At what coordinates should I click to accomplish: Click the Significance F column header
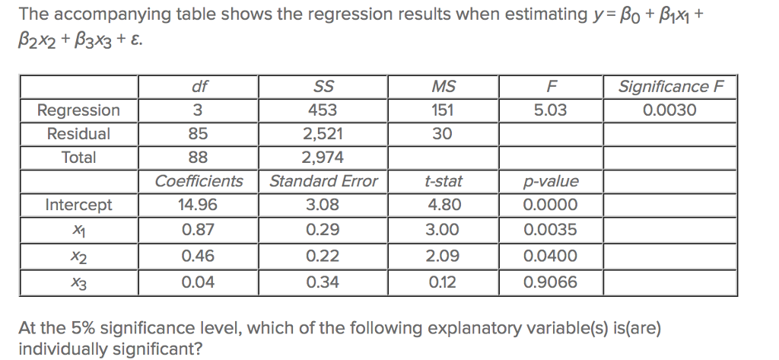click(x=669, y=86)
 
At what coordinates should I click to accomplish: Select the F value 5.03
click(x=550, y=110)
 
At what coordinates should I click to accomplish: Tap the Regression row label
click(x=78, y=110)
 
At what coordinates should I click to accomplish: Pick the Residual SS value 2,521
click(x=323, y=134)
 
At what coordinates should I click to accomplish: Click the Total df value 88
click(x=197, y=158)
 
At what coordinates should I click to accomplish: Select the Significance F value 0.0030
click(x=669, y=110)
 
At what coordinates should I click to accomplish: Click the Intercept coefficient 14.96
click(x=197, y=205)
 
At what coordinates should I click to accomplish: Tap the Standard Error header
click(x=323, y=181)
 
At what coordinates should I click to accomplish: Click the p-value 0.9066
click(x=550, y=282)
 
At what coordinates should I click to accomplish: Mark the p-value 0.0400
click(x=550, y=256)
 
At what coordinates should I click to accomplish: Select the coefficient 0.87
click(x=197, y=229)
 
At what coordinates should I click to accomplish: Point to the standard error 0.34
click(x=323, y=282)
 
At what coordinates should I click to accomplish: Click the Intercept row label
click(x=78, y=205)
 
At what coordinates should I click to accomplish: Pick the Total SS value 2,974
click(x=323, y=158)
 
